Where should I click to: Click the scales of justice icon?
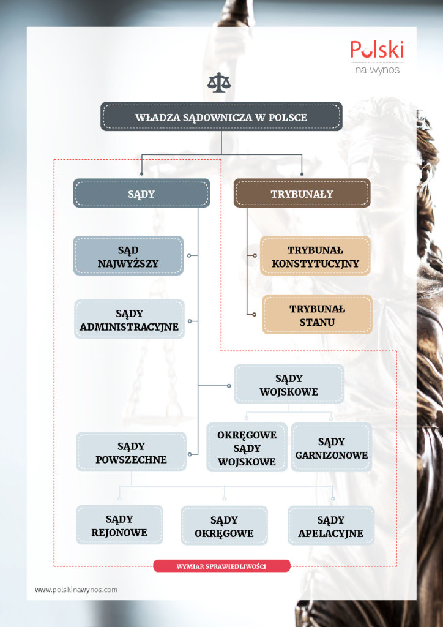[x=219, y=83]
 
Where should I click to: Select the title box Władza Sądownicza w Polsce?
[x=221, y=116]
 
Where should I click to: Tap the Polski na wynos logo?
[x=377, y=57]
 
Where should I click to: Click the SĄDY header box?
[x=141, y=193]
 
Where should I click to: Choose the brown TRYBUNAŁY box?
[x=302, y=193]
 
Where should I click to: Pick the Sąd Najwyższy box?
[x=128, y=255]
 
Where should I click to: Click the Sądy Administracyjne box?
[x=130, y=319]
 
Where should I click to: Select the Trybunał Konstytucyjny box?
[x=315, y=256]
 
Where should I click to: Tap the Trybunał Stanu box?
[x=317, y=314]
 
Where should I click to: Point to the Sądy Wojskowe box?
[x=289, y=384]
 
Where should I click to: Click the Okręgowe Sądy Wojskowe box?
[x=247, y=447]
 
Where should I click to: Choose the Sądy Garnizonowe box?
[x=332, y=447]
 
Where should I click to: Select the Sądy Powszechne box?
[x=131, y=451]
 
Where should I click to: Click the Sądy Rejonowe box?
[x=119, y=525]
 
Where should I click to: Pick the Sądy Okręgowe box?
[x=224, y=525]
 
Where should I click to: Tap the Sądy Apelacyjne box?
[x=331, y=525]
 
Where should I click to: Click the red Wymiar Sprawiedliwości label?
[x=221, y=566]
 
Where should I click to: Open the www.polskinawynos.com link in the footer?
[x=76, y=590]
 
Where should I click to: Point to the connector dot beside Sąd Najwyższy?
[x=189, y=255]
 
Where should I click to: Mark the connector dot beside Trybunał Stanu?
[x=255, y=314]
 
